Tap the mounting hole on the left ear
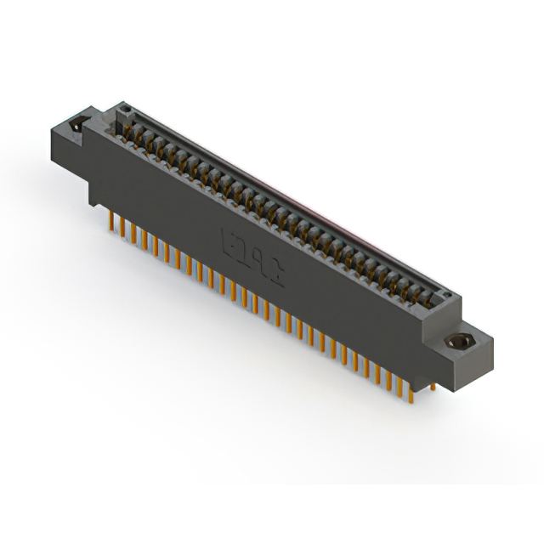coord(76,124)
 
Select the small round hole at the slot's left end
coord(126,110)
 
